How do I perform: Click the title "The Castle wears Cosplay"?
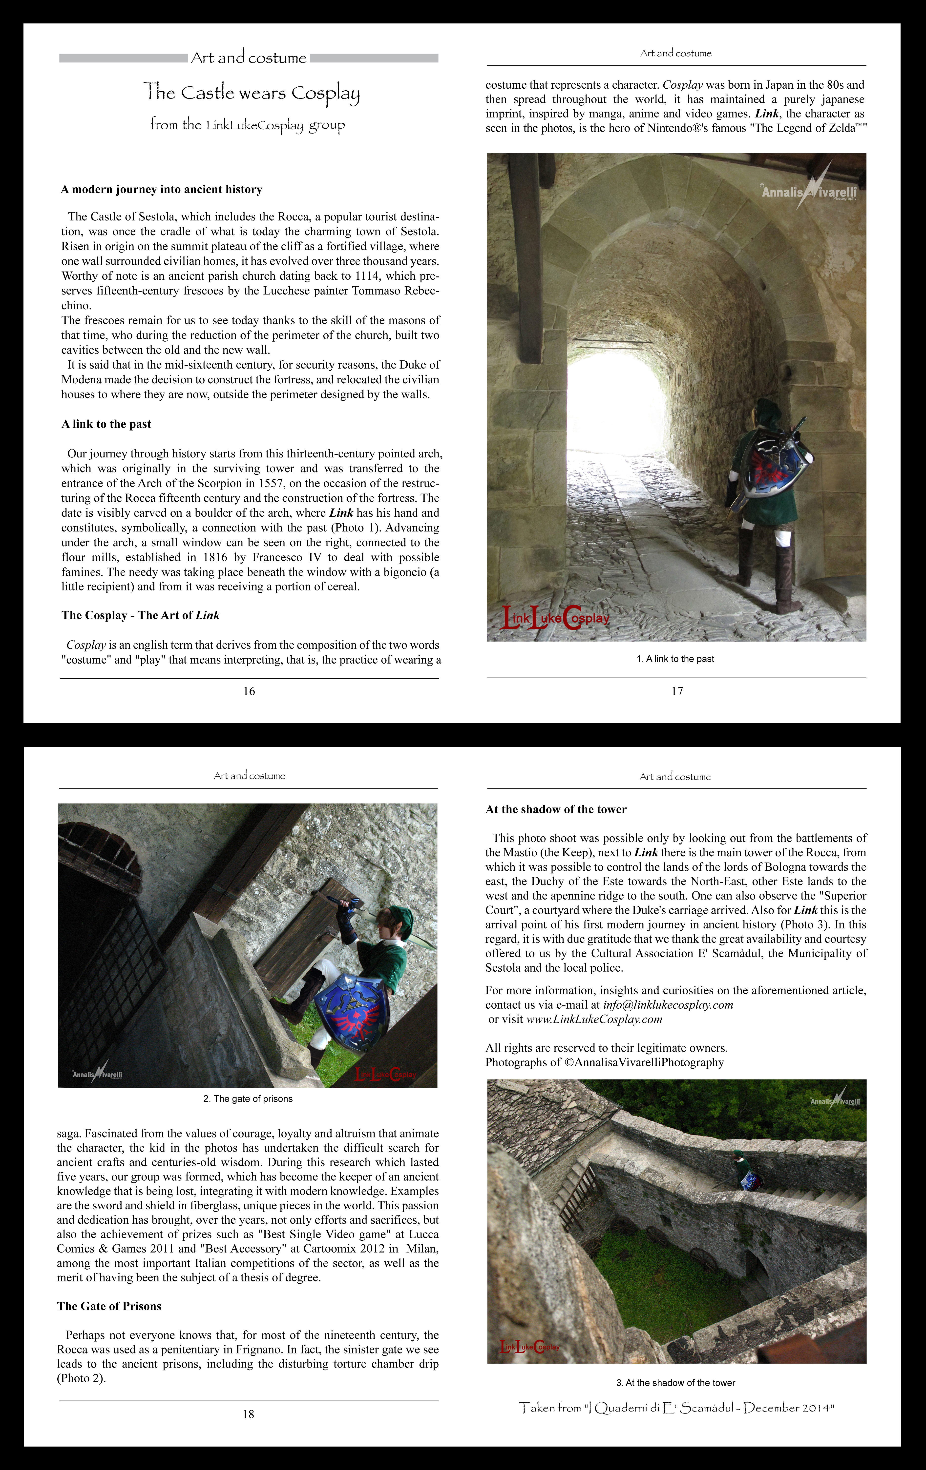pyautogui.click(x=252, y=93)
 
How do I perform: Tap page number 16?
pyautogui.click(x=249, y=691)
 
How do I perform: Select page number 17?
pyautogui.click(x=677, y=691)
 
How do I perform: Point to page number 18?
pyautogui.click(x=248, y=1414)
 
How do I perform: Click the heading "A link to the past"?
pyautogui.click(x=106, y=424)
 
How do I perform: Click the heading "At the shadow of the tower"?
pyautogui.click(x=556, y=809)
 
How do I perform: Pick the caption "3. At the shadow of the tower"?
pyautogui.click(x=675, y=1383)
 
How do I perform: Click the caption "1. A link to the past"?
pyautogui.click(x=675, y=659)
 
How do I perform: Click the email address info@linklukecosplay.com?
pyautogui.click(x=668, y=1005)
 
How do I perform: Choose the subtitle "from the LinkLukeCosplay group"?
pyautogui.click(x=247, y=125)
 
